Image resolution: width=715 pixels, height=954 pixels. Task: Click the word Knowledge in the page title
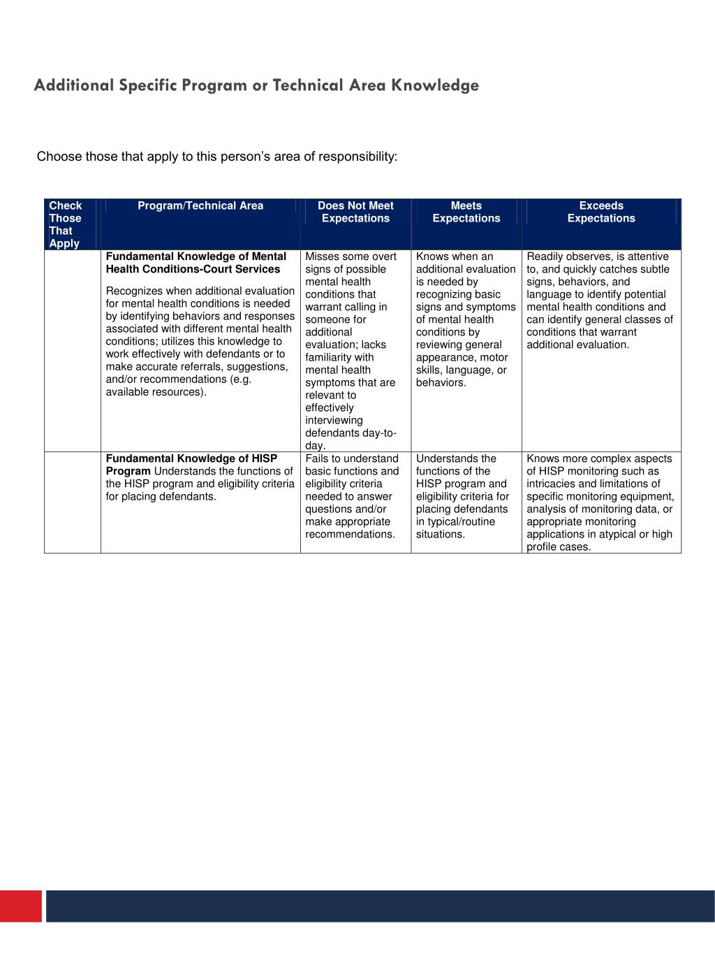(x=434, y=85)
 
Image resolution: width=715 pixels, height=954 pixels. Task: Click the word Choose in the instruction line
(x=59, y=157)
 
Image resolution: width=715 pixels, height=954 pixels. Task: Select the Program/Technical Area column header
(x=200, y=205)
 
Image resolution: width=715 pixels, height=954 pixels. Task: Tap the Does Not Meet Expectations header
(x=355, y=212)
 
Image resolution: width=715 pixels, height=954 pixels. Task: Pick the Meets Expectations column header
(x=466, y=212)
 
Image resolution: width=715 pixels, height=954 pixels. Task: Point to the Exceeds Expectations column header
(x=600, y=212)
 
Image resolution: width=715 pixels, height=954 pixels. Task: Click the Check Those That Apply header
(x=65, y=224)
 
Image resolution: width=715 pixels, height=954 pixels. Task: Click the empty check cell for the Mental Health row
(x=73, y=349)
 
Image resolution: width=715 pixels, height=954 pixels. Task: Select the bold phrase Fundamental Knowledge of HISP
(x=191, y=458)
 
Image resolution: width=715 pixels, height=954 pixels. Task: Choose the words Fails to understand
(x=351, y=458)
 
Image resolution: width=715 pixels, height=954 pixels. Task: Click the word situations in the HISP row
(x=440, y=534)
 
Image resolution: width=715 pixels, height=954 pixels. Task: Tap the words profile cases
(x=558, y=547)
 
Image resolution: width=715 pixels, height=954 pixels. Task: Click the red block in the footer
(x=21, y=906)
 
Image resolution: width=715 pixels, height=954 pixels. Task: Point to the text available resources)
(x=156, y=391)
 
